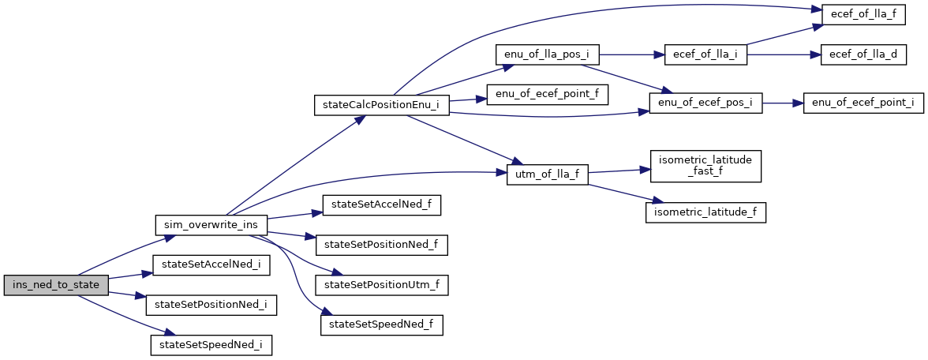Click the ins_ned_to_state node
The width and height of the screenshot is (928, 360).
pos(55,285)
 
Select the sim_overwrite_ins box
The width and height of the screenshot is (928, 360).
pos(211,225)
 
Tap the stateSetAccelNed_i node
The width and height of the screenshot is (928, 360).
pos(211,264)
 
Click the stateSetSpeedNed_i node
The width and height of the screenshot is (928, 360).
pos(211,344)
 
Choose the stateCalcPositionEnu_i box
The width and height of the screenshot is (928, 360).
pos(381,105)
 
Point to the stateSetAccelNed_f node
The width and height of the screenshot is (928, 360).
pos(381,205)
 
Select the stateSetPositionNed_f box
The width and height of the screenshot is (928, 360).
pos(381,245)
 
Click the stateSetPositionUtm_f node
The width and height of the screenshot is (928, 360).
pos(381,284)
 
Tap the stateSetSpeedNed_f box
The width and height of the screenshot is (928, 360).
pos(381,324)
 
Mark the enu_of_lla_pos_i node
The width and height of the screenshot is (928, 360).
pos(547,55)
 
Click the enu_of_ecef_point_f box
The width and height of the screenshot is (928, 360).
pos(547,95)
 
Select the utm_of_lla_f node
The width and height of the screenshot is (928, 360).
pos(547,174)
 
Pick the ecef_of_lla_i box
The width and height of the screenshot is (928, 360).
pos(705,55)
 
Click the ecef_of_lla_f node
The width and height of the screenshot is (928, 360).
pos(863,15)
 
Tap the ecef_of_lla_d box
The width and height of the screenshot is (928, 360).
pos(863,55)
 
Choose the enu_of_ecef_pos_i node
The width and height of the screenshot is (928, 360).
pos(705,105)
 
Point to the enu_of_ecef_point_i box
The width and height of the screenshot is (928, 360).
pos(863,105)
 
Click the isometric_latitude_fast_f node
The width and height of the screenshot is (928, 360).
pos(705,164)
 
